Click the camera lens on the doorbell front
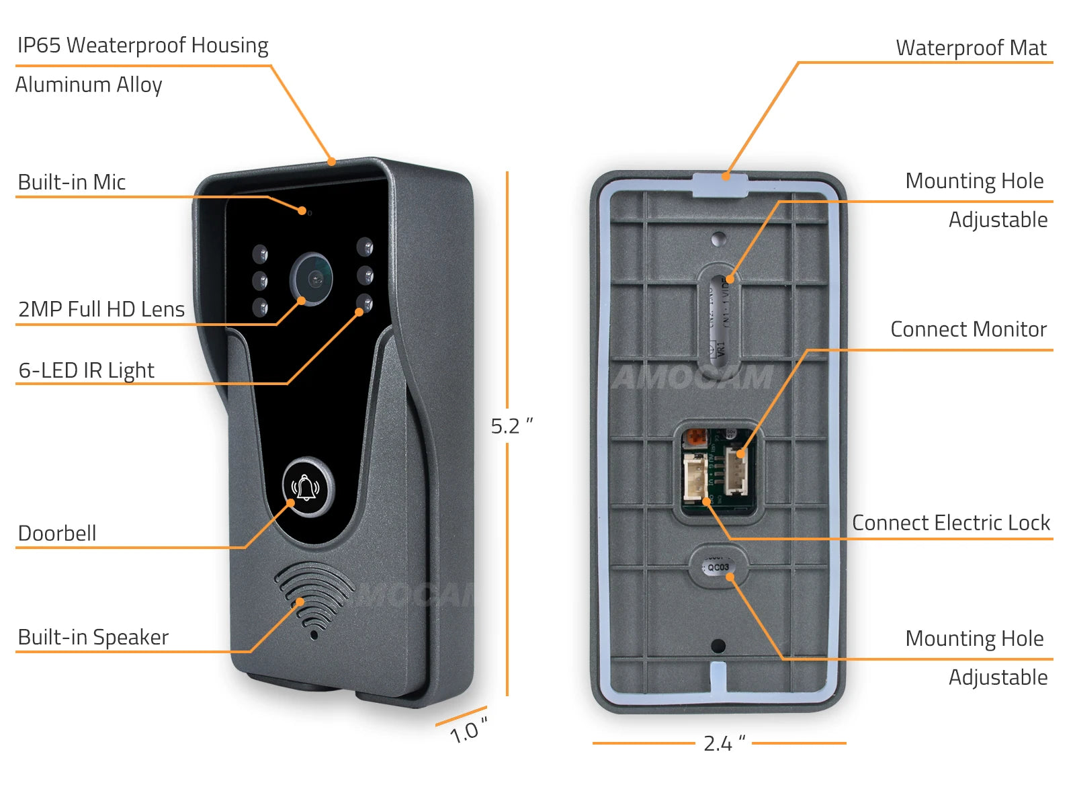click(x=312, y=278)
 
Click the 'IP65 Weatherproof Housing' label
click(x=142, y=46)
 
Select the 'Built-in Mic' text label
click(x=72, y=182)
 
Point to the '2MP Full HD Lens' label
click(x=101, y=309)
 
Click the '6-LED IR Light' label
click(x=87, y=370)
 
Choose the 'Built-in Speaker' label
click(x=93, y=637)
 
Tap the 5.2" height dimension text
click(x=512, y=426)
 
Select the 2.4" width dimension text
click(x=724, y=743)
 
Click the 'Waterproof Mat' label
click(x=971, y=48)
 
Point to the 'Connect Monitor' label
click(x=968, y=329)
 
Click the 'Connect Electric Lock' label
click(x=951, y=523)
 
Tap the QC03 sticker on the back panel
click(x=718, y=567)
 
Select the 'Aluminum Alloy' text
click(x=89, y=85)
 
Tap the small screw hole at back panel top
click(x=718, y=238)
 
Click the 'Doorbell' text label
click(x=57, y=534)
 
